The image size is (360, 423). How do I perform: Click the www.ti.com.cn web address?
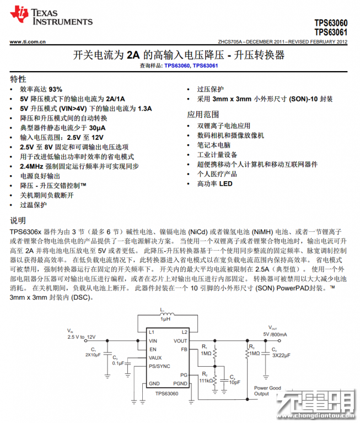point(27,41)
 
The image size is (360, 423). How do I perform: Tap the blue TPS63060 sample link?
point(176,66)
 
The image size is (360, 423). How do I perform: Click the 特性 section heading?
point(18,79)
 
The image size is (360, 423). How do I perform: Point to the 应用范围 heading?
point(203,115)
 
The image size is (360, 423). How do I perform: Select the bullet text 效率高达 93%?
point(41,89)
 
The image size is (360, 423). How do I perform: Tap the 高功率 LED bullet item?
point(214,184)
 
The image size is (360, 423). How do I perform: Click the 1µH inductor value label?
point(165,319)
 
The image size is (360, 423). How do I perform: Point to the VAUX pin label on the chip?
point(156,357)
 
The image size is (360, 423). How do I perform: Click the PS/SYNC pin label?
point(159,366)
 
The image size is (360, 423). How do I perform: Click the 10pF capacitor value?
point(234,382)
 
